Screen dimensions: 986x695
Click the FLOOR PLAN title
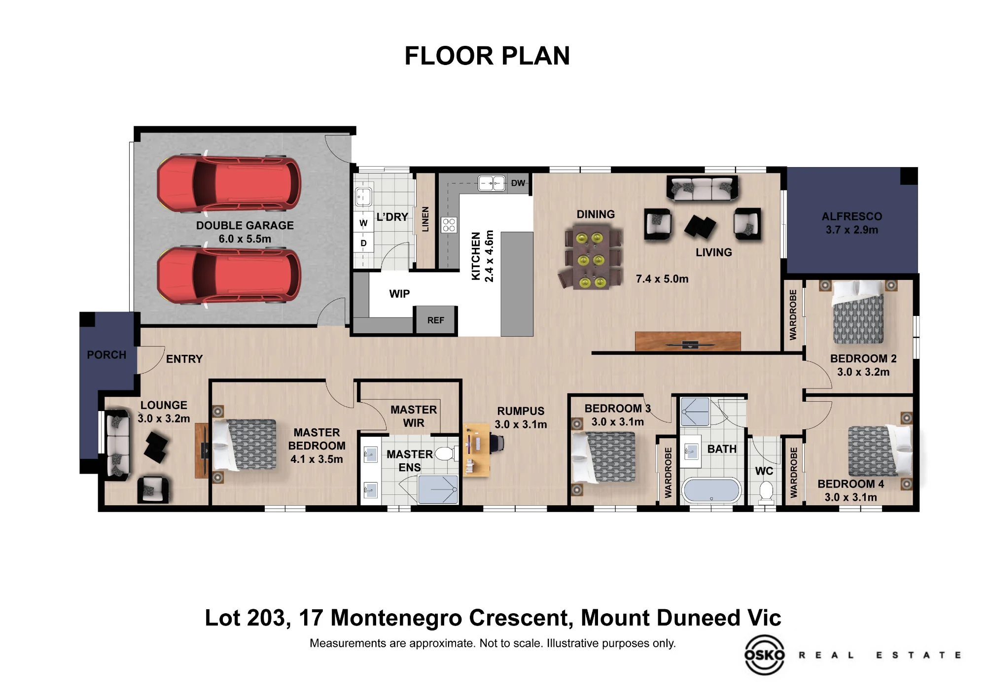click(487, 56)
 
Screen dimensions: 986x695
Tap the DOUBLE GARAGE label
click(245, 225)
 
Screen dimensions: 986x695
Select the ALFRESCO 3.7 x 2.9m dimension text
click(852, 230)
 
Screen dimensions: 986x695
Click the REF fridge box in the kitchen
click(436, 320)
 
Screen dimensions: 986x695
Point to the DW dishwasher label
click(518, 183)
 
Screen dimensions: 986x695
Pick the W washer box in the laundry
click(363, 223)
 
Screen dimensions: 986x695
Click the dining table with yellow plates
click(591, 257)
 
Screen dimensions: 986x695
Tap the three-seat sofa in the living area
click(702, 189)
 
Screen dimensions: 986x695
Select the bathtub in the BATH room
click(711, 491)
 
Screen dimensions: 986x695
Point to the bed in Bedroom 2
click(858, 313)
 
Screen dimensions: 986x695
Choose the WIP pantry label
click(399, 294)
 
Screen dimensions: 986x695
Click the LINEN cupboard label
click(425, 219)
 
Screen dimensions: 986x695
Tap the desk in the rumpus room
click(476, 450)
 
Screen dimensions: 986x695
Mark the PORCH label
click(106, 355)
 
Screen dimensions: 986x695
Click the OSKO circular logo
click(764, 655)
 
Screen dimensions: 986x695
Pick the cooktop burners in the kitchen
click(449, 225)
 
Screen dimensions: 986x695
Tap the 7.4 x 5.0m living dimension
click(662, 279)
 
